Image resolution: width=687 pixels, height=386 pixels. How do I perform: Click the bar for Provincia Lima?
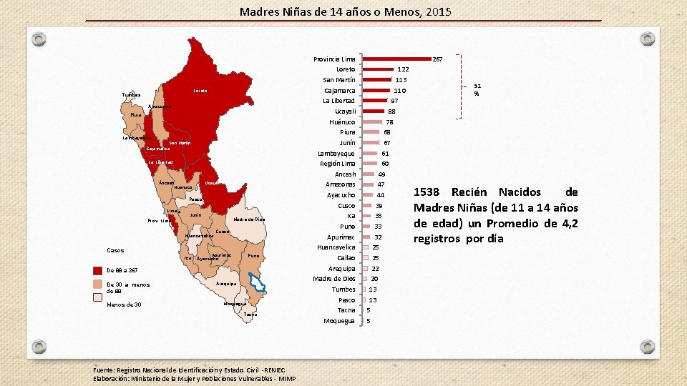397,59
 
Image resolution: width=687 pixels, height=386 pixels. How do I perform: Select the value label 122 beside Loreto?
403,69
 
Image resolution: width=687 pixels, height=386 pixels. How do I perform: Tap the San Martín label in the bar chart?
339,80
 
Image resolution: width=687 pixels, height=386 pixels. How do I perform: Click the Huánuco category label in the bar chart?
342,122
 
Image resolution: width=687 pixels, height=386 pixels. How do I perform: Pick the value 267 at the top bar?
439,59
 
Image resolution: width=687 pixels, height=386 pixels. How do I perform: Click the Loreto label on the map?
200,91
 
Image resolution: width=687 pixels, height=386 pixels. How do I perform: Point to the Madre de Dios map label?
250,219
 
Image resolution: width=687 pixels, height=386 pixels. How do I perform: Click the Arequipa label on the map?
226,284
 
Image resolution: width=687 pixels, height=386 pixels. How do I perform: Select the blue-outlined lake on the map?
257,284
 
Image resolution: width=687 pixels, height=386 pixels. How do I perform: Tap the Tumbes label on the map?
131,95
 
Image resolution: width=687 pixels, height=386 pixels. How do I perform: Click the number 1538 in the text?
430,192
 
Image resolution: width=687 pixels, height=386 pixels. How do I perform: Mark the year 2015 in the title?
437,11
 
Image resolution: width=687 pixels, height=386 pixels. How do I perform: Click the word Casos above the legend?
115,251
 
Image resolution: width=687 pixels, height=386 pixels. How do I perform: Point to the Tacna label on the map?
250,315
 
